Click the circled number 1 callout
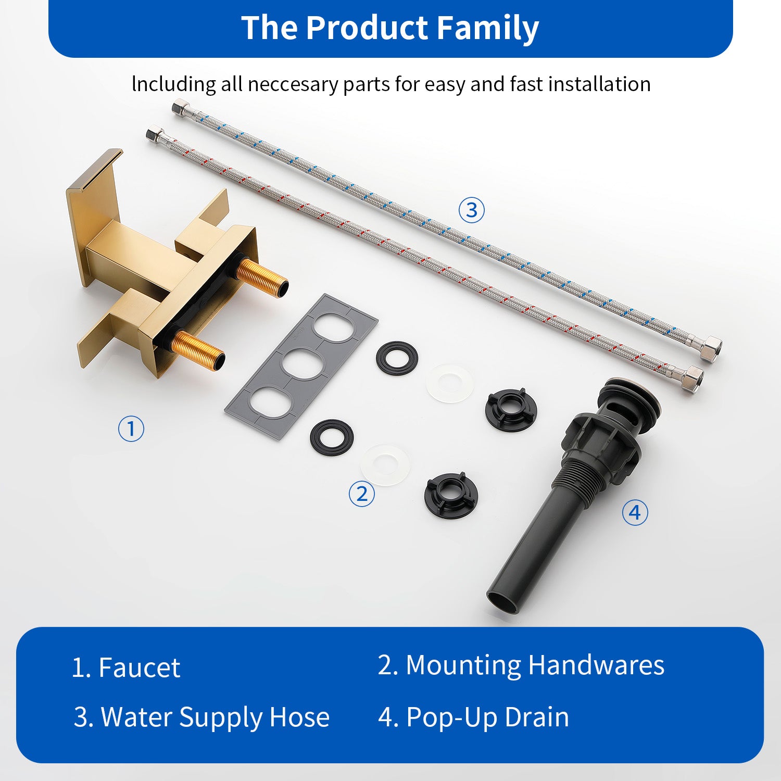coord(131,429)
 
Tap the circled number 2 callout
coord(361,493)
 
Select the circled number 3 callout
coord(471,210)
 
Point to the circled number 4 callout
coord(635,513)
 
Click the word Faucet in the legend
coord(139,667)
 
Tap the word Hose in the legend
coord(299,717)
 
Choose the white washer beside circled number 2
coord(385,464)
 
